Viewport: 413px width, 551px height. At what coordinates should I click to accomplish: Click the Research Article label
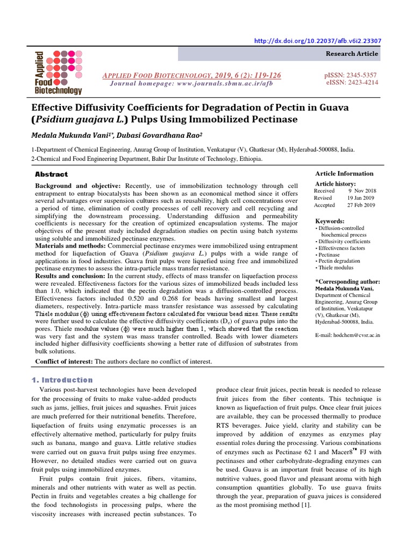point(352,54)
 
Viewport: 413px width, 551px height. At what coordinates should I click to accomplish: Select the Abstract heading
point(52,174)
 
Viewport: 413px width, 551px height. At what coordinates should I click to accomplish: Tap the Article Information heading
point(344,173)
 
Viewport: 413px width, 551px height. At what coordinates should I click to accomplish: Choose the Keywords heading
point(330,221)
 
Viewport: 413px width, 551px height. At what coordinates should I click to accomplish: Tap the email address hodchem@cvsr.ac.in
point(347,334)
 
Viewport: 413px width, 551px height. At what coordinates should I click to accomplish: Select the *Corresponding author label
point(347,281)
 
